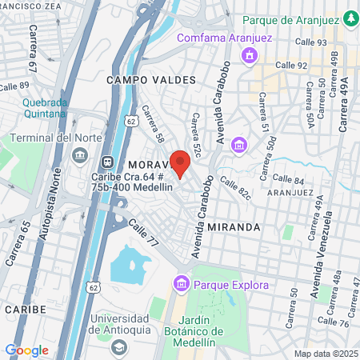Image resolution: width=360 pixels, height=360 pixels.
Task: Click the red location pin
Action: pyautogui.click(x=179, y=162)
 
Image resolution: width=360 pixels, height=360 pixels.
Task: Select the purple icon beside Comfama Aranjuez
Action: pyautogui.click(x=250, y=55)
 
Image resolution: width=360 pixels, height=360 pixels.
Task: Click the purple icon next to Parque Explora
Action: pyautogui.click(x=181, y=283)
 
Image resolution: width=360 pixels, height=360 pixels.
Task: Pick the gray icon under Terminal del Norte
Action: pyautogui.click(x=80, y=154)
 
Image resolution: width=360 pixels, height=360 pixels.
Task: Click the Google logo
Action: pyautogui.click(x=27, y=350)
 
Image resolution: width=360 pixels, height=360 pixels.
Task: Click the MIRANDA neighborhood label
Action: pyautogui.click(x=234, y=227)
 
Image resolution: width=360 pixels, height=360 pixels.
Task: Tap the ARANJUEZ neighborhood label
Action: pyautogui.click(x=290, y=193)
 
